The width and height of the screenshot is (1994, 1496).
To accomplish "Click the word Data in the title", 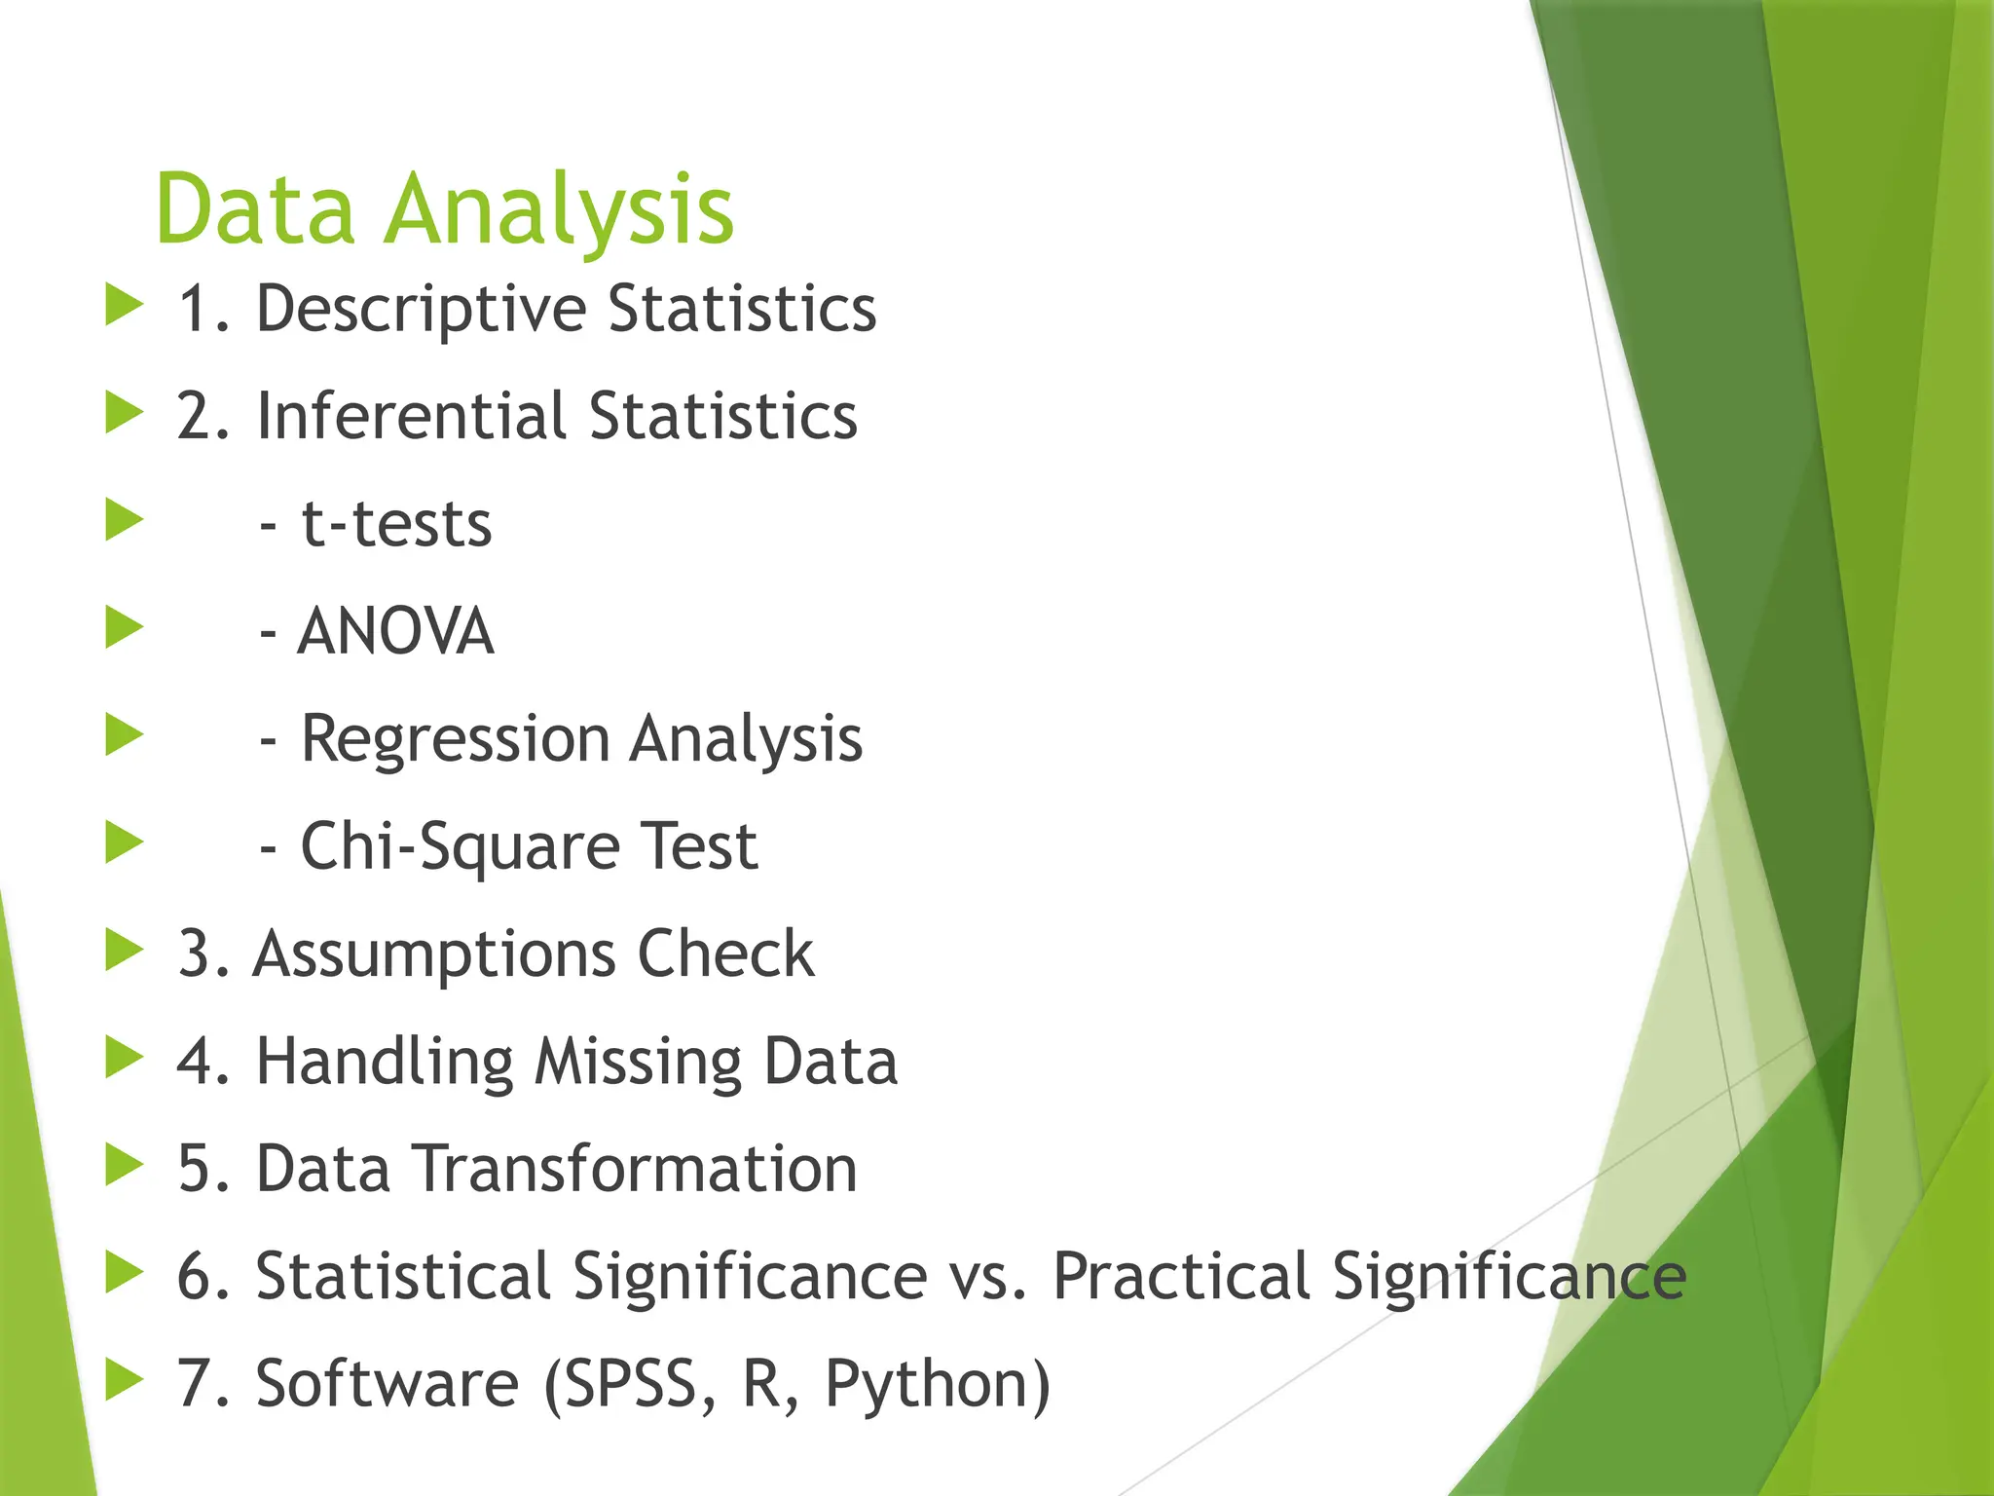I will point(255,209).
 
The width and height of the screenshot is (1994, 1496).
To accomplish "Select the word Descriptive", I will point(421,310).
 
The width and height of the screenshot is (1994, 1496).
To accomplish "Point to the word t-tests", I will point(396,525).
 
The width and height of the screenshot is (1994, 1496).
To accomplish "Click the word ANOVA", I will point(396,632).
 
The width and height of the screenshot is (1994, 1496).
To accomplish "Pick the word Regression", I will point(455,740).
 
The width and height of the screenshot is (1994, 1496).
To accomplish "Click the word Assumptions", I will point(434,954).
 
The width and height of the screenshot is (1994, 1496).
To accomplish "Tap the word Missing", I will point(638,1062).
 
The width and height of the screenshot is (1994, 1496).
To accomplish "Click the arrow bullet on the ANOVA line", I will point(124,627).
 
